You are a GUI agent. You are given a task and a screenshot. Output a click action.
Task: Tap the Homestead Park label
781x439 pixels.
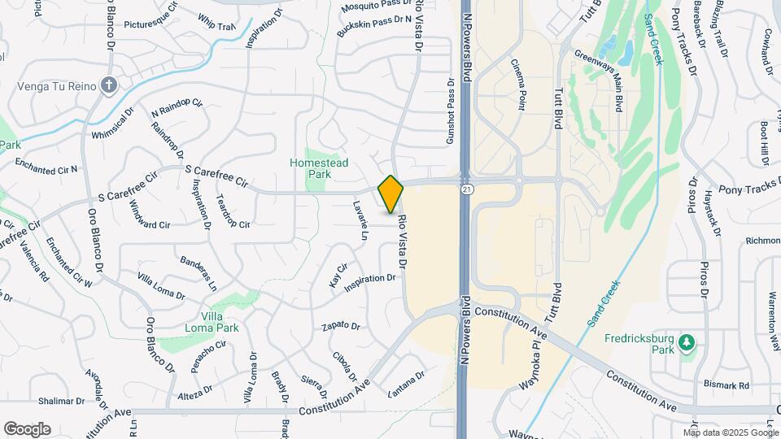[319, 168]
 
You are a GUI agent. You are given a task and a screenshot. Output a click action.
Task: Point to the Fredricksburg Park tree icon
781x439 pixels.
[687, 343]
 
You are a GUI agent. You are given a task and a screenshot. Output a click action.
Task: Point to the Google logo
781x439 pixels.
[27, 429]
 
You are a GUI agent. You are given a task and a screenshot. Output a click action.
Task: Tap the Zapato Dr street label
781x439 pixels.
[341, 326]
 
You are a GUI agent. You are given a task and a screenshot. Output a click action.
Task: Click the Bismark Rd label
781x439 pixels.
[726, 385]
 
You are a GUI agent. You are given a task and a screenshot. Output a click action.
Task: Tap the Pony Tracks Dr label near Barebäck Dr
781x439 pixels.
[682, 41]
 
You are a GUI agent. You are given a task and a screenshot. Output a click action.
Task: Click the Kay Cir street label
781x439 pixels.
[338, 275]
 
